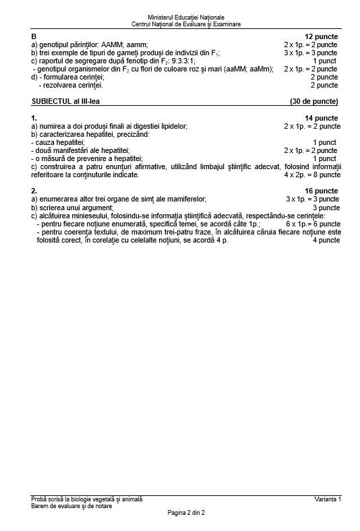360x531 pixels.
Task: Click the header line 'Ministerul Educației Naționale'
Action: click(x=186, y=16)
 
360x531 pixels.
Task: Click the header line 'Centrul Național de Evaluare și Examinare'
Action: click(x=186, y=24)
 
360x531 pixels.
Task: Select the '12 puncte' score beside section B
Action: click(x=322, y=36)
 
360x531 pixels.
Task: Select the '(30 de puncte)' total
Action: click(x=313, y=101)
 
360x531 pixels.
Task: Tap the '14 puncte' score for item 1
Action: click(x=322, y=118)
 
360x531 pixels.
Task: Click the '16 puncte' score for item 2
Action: click(x=322, y=191)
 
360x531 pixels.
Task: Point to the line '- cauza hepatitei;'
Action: click(x=57, y=142)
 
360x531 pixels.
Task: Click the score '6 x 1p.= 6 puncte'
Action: click(x=312, y=224)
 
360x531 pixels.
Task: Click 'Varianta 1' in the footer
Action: click(x=328, y=499)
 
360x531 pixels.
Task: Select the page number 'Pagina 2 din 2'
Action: click(x=186, y=513)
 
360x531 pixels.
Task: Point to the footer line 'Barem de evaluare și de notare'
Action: click(x=72, y=506)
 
